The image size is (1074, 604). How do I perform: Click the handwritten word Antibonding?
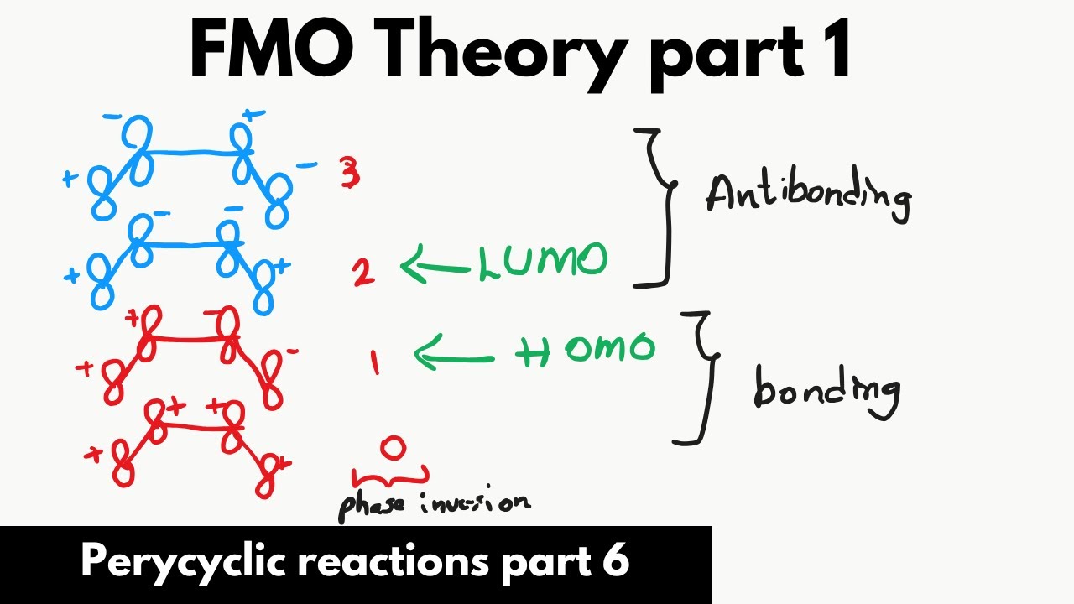[808, 195]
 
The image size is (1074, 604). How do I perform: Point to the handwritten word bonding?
[826, 390]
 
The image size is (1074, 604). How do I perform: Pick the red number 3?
[350, 173]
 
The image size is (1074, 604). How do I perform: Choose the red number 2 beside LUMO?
[363, 271]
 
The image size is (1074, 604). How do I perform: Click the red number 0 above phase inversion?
[392, 449]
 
